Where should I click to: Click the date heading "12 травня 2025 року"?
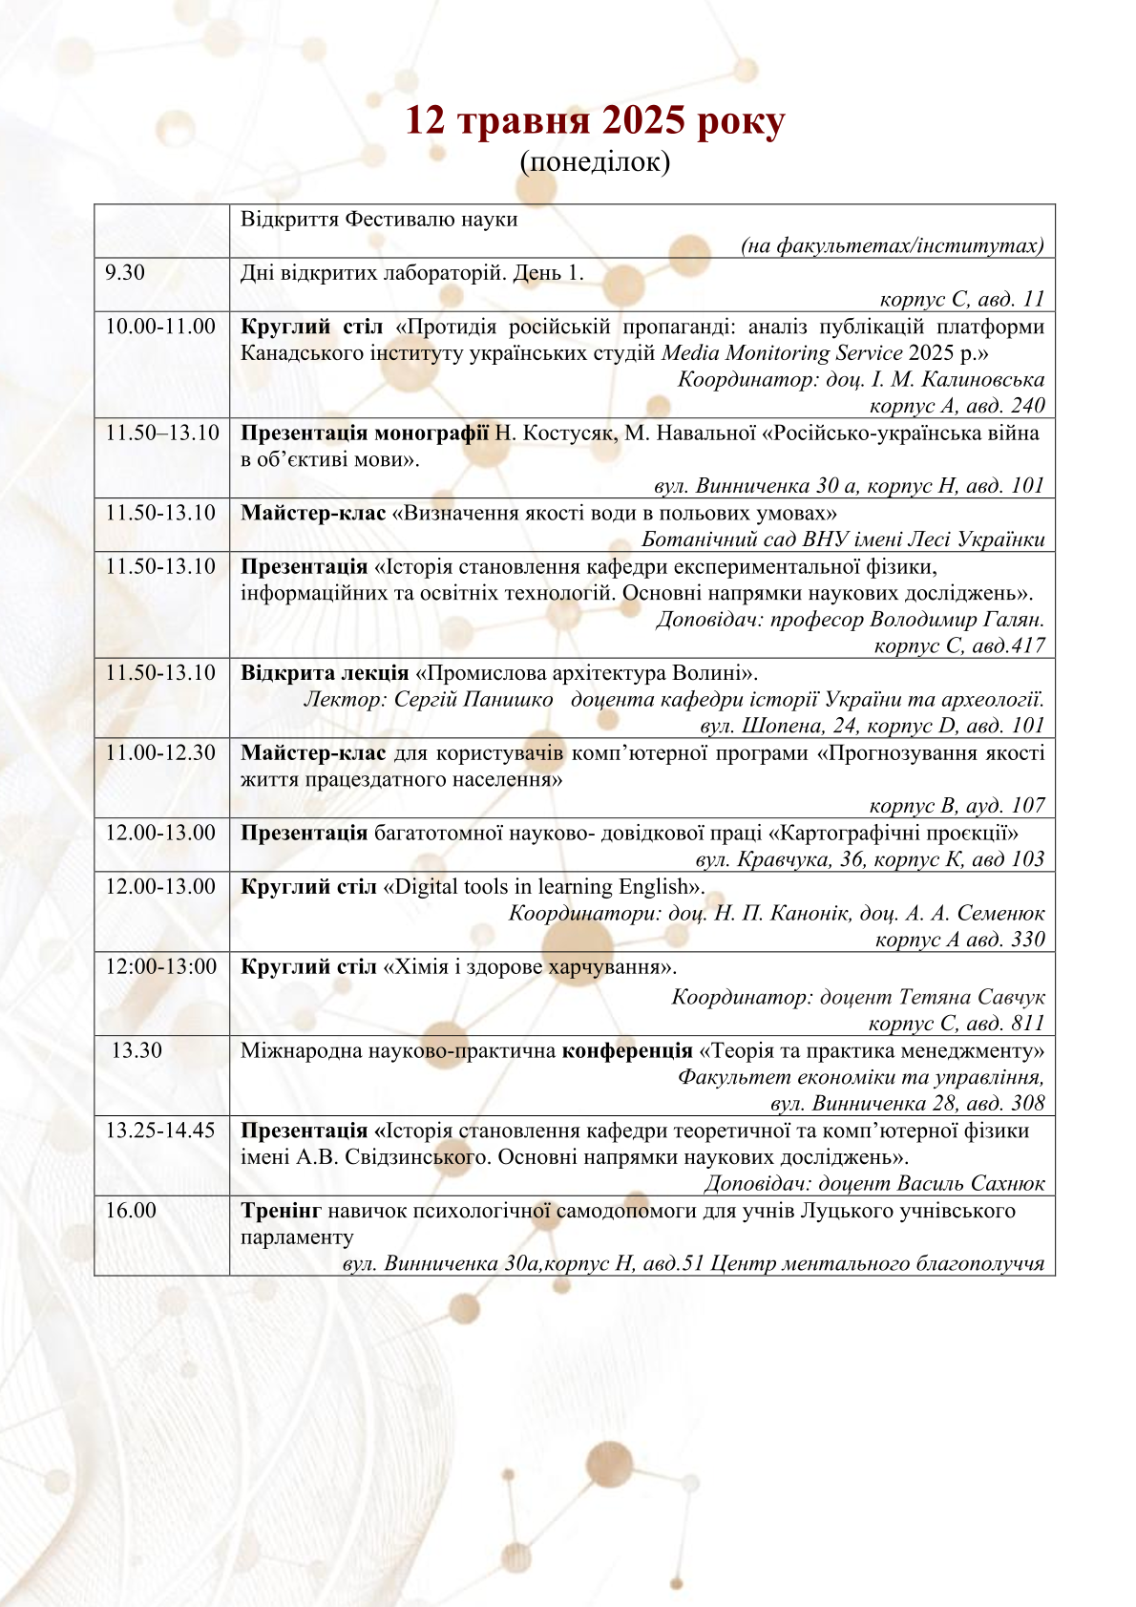click(595, 121)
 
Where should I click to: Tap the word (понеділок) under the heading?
click(595, 162)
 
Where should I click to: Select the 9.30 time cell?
click(125, 273)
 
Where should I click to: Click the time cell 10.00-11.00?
click(160, 327)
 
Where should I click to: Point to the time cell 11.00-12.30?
click(160, 752)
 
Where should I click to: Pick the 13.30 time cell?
click(137, 1050)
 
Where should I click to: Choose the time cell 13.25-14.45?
click(160, 1131)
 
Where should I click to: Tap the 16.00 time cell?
click(131, 1211)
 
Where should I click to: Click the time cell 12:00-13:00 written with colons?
click(161, 966)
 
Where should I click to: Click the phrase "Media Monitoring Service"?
click(782, 353)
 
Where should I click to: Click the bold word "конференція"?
click(627, 1051)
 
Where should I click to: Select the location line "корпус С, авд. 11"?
click(961, 300)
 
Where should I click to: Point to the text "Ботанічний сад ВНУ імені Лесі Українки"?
click(843, 539)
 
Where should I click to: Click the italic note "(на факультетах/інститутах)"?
click(893, 246)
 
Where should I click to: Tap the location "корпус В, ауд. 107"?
click(957, 806)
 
